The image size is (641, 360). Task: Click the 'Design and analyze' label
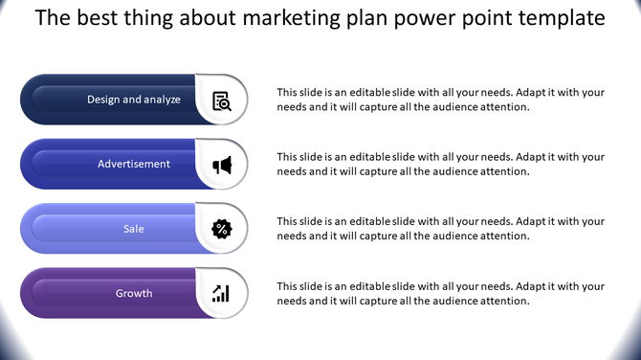click(134, 100)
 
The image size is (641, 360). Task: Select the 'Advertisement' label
click(134, 164)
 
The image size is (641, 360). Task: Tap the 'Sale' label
click(134, 229)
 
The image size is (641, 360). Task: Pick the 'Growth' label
click(134, 293)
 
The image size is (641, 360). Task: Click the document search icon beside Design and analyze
click(221, 100)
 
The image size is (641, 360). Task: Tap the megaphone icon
click(221, 165)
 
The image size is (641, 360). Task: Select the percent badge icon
click(221, 229)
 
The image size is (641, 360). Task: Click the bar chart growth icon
click(221, 293)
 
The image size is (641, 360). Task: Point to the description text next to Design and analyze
click(440, 100)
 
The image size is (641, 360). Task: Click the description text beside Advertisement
click(440, 164)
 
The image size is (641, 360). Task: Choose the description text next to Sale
click(440, 229)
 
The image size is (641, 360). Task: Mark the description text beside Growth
click(440, 293)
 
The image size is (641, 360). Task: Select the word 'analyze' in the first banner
click(160, 100)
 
